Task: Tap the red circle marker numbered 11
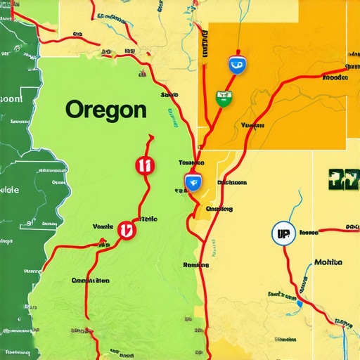tap(143, 165)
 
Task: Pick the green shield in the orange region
tap(224, 97)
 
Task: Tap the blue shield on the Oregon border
tap(192, 183)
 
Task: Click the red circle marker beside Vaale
tap(126, 230)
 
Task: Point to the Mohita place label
tap(328, 262)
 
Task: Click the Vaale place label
tap(103, 226)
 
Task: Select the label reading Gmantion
tap(91, 280)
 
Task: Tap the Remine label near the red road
tap(195, 265)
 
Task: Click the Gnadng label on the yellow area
tap(219, 208)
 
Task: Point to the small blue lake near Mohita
tap(299, 303)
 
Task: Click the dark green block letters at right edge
tap(343, 179)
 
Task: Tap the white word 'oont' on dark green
tap(11, 99)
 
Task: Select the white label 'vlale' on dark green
tap(9, 190)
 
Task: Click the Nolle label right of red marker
tap(149, 219)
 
